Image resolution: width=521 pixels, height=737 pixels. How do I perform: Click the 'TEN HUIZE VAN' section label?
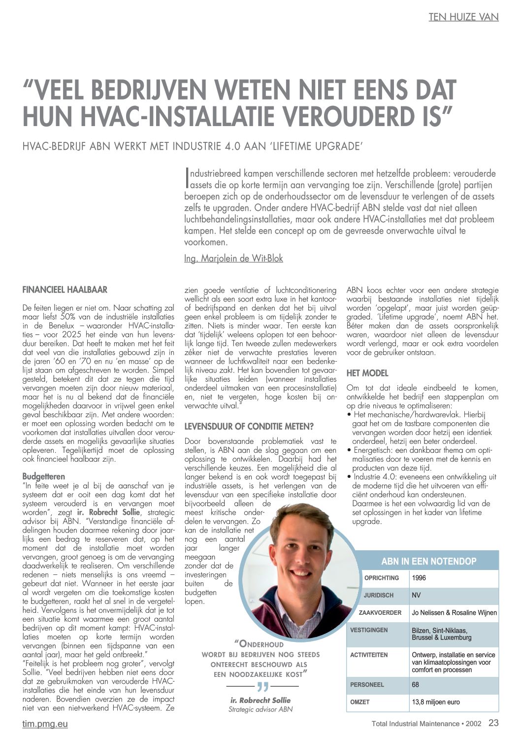463,17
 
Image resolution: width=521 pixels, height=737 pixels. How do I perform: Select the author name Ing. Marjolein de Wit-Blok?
233,258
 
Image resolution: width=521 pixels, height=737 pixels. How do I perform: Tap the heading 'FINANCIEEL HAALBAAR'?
65,290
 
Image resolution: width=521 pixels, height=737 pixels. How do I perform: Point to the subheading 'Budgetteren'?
44,476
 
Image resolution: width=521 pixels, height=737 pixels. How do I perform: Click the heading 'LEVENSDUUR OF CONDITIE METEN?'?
249,426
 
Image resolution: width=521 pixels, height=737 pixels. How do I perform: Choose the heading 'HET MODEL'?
367,373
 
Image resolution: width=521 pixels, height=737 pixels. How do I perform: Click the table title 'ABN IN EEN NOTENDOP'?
428,561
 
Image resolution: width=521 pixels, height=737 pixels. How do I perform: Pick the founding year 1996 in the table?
419,578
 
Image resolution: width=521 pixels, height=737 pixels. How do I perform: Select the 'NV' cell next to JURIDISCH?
416,595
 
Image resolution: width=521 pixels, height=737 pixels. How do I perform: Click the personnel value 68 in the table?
416,685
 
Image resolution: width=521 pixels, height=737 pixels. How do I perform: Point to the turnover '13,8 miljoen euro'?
436,702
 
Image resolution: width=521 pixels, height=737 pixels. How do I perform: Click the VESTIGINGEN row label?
369,630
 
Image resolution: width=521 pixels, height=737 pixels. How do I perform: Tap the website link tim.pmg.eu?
45,724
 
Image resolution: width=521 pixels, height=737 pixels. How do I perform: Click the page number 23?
493,723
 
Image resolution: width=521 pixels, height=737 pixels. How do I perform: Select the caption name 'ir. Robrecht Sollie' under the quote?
260,700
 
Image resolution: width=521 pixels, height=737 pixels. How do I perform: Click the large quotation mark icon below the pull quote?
263,686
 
